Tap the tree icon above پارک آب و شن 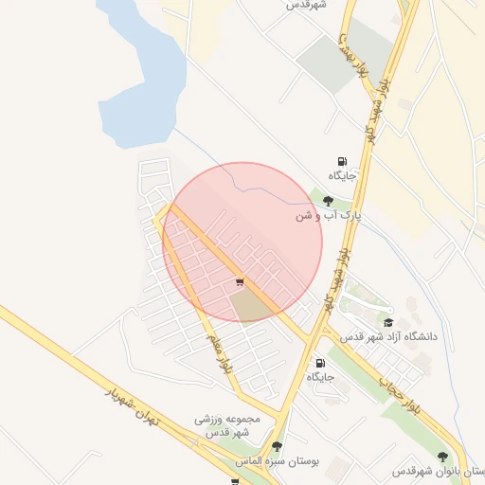[x=328, y=201]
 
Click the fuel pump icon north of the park [x=342, y=161]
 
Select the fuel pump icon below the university [x=320, y=363]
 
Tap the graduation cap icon [x=387, y=322]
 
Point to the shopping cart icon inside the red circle [x=240, y=281]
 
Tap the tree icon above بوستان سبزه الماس [x=277, y=446]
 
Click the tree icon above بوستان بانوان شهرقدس [x=442, y=457]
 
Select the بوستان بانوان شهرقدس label [x=440, y=471]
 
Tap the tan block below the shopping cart [x=249, y=304]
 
